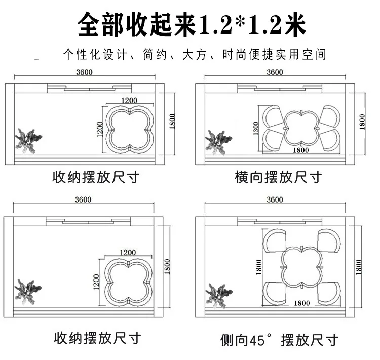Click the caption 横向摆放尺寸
[278, 177]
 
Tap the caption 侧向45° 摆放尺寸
[279, 339]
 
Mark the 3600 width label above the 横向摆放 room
[274, 72]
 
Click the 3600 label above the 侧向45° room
[274, 199]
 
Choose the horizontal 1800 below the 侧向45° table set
[302, 303]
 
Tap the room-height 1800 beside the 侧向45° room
[359, 267]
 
